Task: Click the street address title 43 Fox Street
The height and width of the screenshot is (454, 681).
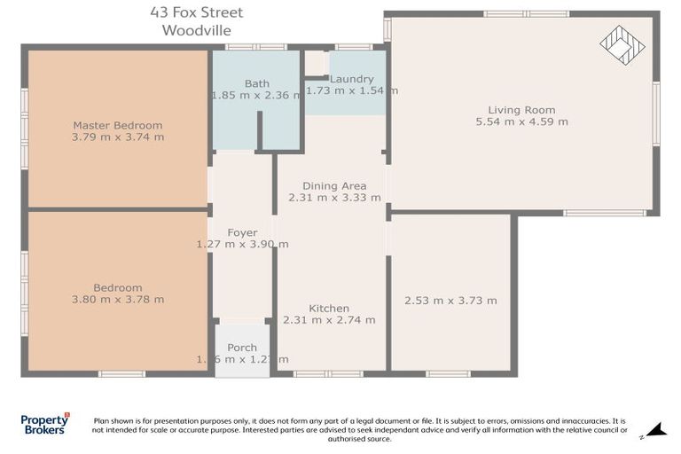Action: (x=197, y=12)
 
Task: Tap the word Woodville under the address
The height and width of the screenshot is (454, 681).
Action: (x=197, y=29)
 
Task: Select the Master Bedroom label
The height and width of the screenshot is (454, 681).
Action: (x=118, y=125)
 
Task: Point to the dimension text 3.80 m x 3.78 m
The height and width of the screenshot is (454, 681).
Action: (x=118, y=300)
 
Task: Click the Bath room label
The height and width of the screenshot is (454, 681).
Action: (x=257, y=83)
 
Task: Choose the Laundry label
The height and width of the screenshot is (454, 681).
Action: (x=352, y=79)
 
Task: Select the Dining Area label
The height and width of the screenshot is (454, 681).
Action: (x=334, y=186)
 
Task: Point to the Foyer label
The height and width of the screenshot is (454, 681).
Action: (x=242, y=232)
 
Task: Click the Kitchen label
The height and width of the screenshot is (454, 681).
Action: (x=328, y=309)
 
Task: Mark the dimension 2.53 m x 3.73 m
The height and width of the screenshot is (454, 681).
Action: (x=450, y=301)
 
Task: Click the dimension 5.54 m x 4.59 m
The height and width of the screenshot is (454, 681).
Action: (x=521, y=121)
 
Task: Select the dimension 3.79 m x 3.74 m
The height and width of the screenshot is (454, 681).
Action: (x=118, y=137)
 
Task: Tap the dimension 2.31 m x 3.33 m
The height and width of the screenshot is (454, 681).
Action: (x=334, y=198)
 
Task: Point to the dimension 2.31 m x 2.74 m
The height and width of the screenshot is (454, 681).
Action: (x=328, y=320)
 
